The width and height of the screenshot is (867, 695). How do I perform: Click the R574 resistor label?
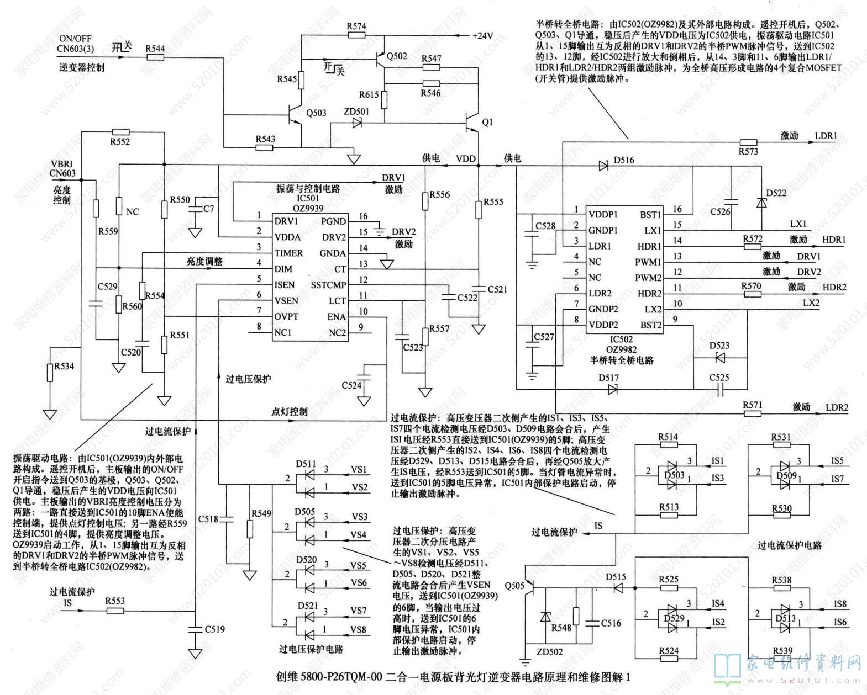[356, 26]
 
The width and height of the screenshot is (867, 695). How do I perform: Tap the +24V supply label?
[482, 36]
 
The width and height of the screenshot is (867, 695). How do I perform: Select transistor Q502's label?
[397, 56]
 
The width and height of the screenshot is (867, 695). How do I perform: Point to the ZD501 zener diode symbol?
[356, 123]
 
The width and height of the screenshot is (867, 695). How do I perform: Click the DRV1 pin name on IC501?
[286, 221]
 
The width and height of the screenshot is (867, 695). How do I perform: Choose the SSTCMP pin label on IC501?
[328, 285]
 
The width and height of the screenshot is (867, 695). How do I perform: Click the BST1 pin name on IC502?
[650, 215]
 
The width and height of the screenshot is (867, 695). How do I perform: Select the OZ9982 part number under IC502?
[621, 349]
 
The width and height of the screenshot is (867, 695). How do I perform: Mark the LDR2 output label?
[837, 407]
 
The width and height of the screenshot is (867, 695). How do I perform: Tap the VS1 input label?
[359, 470]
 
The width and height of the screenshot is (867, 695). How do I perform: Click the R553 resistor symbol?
[115, 611]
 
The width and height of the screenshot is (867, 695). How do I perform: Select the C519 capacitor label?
[214, 629]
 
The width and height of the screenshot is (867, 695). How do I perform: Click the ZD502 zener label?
[549, 651]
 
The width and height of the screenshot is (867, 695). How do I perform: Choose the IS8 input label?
[839, 604]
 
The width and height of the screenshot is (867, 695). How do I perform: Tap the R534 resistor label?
[64, 366]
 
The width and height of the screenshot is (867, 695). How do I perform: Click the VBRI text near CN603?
[62, 164]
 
